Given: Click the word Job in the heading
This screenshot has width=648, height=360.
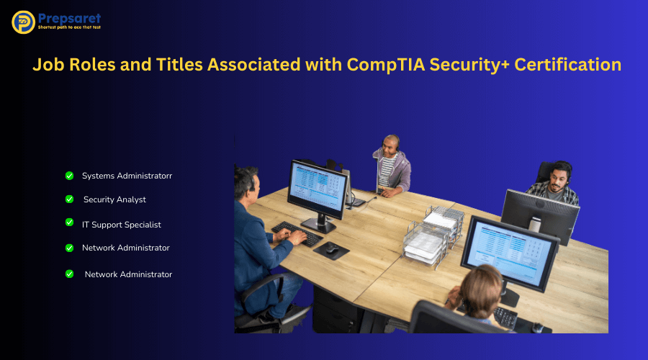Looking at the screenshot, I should [50, 64].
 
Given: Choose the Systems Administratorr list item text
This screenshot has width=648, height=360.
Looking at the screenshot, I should [127, 176].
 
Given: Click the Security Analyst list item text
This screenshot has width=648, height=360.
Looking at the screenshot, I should [114, 199].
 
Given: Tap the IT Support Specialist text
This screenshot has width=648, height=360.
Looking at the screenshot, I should [121, 225].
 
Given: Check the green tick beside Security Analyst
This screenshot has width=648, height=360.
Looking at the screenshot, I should [69, 199].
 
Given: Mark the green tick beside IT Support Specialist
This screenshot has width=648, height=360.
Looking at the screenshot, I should [69, 222].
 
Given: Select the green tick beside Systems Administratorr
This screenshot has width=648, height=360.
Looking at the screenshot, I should [69, 175].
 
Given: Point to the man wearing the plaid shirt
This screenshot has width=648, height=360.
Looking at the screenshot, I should [553, 185].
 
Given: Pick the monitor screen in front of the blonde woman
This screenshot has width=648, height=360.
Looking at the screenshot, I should [508, 246].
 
